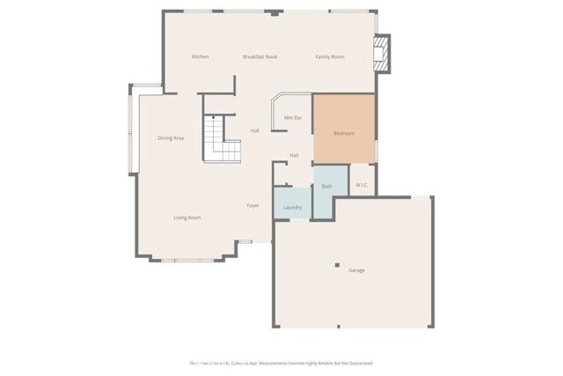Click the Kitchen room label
click(201, 57)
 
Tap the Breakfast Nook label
click(260, 57)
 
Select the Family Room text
click(330, 57)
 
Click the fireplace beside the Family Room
click(382, 55)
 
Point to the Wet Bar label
click(293, 117)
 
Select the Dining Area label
click(171, 138)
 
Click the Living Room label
click(187, 217)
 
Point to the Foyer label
click(252, 205)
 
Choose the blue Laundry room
click(293, 205)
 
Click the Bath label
click(327, 186)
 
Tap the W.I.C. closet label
click(362, 185)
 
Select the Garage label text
click(356, 270)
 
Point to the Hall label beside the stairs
click(254, 130)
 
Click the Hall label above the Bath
click(295, 156)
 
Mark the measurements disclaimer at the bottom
click(281, 363)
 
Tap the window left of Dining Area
click(132, 132)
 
